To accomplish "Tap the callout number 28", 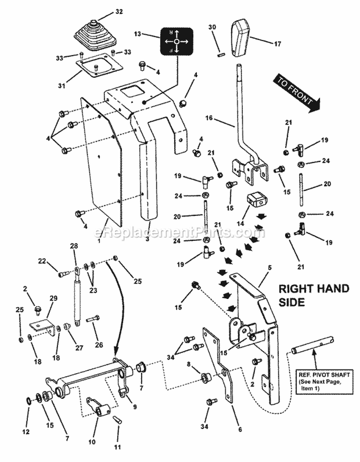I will pyautogui.click(x=74, y=247).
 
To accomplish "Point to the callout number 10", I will pyautogui.click(x=92, y=441).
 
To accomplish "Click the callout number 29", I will pyautogui.click(x=53, y=298).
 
